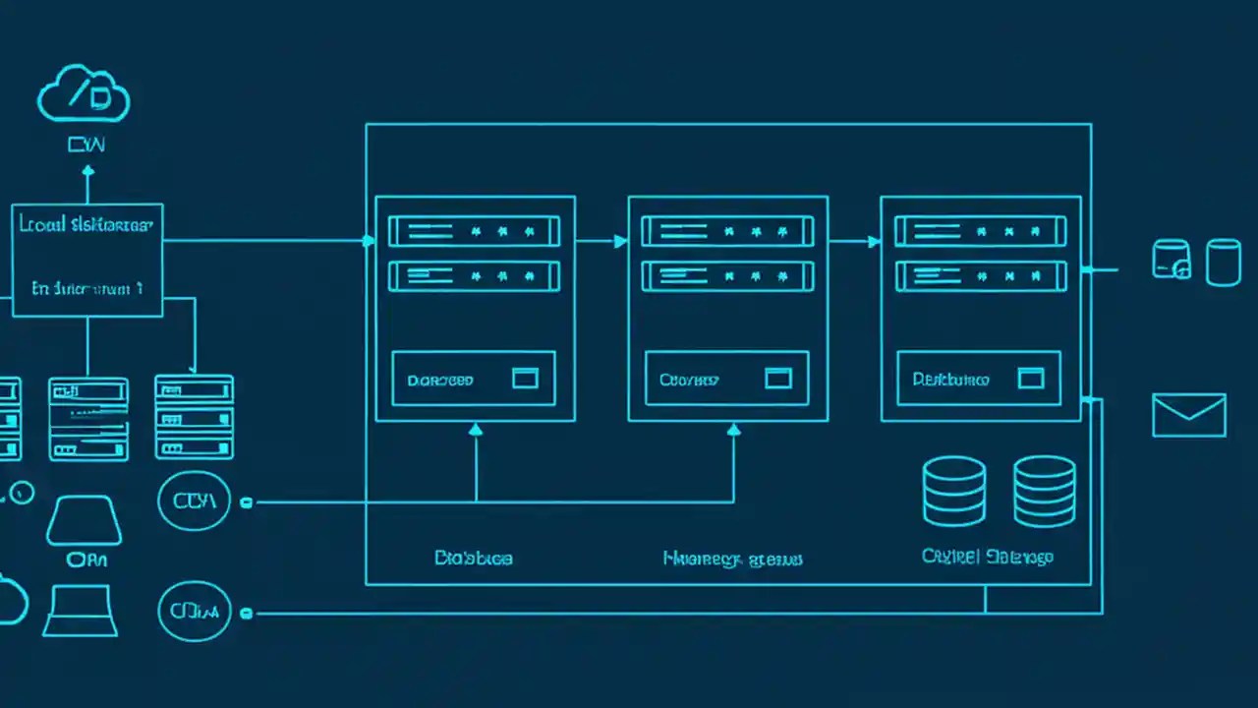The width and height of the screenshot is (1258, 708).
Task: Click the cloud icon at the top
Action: [84, 95]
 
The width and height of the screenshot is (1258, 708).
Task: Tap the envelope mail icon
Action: [1189, 415]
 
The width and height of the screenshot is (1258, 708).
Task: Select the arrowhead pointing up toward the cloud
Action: [87, 171]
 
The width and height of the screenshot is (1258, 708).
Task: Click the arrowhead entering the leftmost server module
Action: [369, 241]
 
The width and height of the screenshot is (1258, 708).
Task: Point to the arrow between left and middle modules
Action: [620, 241]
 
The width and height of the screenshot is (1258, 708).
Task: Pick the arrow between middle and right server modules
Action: [873, 241]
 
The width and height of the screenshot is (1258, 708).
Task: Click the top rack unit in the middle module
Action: [727, 232]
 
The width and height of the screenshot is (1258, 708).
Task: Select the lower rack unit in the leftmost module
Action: [475, 276]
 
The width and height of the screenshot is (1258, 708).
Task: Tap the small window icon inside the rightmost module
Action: [1031, 379]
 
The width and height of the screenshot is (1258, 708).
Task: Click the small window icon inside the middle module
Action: [778, 379]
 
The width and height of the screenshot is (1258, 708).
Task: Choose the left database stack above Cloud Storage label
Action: [953, 491]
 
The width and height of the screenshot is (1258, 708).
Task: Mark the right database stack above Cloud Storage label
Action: [1044, 491]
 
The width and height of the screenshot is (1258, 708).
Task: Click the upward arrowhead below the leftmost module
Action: [476, 429]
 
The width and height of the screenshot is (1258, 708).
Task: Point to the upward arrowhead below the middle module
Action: [734, 429]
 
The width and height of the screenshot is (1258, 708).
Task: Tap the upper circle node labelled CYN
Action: [194, 501]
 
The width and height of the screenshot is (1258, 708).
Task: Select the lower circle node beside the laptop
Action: [194, 612]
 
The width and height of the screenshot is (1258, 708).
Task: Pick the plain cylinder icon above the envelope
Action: [1223, 262]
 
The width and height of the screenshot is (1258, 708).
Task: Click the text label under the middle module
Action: [733, 559]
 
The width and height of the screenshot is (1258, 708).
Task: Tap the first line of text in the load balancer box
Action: [86, 225]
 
